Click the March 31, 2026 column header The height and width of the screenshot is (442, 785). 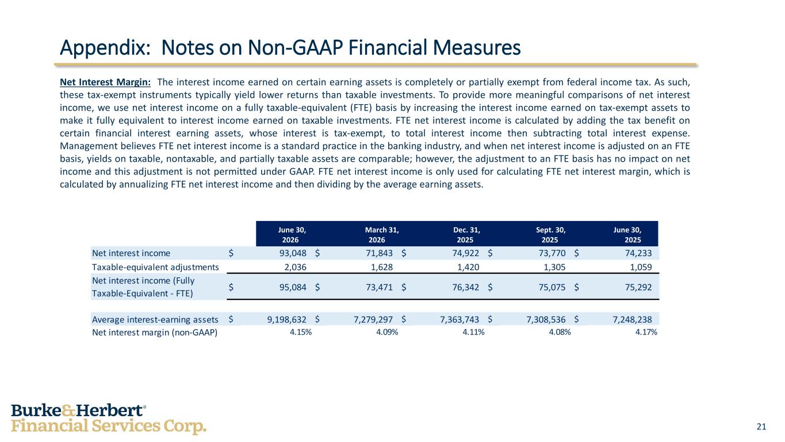coord(382,235)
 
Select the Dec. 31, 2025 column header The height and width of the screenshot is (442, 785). coord(466,235)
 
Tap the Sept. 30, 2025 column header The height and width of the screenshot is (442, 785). coord(550,235)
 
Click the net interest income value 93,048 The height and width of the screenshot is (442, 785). coord(293,253)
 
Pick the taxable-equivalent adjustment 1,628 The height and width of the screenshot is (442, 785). coord(382,267)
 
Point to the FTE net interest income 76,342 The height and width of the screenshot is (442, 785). coord(465,287)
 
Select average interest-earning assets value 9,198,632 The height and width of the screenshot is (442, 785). coord(286,319)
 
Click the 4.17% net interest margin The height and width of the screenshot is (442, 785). coord(646,332)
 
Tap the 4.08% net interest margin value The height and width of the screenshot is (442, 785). coord(560,332)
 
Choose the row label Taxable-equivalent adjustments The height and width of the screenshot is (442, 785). coord(155,267)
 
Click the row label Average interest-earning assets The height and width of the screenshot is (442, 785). coord(155,319)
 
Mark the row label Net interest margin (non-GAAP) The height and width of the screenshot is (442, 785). coord(155,332)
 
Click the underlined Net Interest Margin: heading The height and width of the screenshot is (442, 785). coord(105,82)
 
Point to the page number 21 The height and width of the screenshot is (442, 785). coord(761,426)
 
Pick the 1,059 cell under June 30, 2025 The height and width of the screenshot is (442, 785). coord(641,267)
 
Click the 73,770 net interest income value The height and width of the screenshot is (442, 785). coord(552,253)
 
